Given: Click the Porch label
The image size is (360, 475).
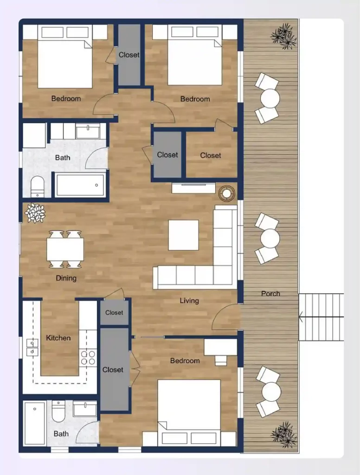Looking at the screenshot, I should pyautogui.click(x=270, y=293).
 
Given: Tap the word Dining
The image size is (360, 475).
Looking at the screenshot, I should pyautogui.click(x=66, y=278).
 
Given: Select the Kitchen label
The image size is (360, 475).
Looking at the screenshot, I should pyautogui.click(x=58, y=338).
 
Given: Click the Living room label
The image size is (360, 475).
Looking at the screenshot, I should pyautogui.click(x=189, y=301).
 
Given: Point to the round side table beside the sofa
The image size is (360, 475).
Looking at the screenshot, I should pyautogui.click(x=227, y=194).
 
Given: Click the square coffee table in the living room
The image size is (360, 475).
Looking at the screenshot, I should pyautogui.click(x=183, y=235).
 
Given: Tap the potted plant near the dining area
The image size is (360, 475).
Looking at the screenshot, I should pyautogui.click(x=35, y=213).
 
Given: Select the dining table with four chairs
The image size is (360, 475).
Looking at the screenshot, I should pyautogui.click(x=65, y=249).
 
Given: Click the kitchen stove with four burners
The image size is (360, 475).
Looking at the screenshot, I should pyautogui.click(x=88, y=357).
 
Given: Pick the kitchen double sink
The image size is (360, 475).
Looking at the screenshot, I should pyautogui.click(x=32, y=347).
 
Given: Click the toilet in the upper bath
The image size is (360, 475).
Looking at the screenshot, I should pyautogui.click(x=37, y=186).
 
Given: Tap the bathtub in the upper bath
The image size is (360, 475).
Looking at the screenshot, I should pyautogui.click(x=80, y=185).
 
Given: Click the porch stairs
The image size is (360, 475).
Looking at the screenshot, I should pyautogui.click(x=321, y=317).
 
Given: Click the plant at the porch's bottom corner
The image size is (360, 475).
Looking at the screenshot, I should pyautogui.click(x=283, y=434).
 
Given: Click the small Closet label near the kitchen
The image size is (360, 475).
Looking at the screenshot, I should pyautogui.click(x=114, y=313).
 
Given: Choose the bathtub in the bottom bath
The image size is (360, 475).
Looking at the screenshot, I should pyautogui.click(x=35, y=423).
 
